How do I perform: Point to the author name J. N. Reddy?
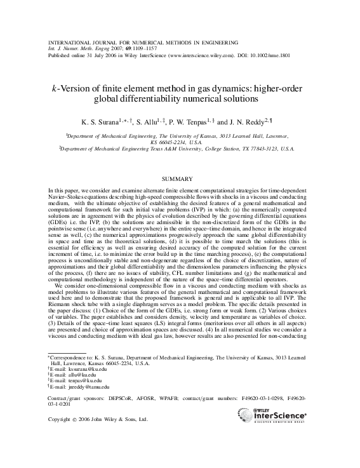pos(250,121)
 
